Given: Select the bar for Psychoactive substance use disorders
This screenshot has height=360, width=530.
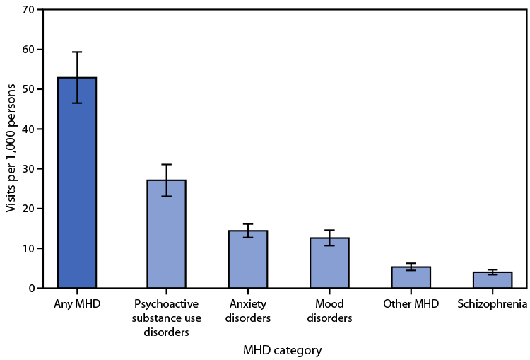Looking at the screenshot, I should click(x=166, y=234).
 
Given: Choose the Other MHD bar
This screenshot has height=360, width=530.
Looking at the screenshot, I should click(x=411, y=277).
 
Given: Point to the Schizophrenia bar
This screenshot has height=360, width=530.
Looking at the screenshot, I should click(x=493, y=280).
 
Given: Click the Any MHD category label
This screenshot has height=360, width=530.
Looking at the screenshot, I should click(x=77, y=304).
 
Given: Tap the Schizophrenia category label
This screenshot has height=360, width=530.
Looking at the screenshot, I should click(x=493, y=304).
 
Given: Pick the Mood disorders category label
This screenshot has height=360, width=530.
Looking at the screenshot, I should click(x=329, y=310).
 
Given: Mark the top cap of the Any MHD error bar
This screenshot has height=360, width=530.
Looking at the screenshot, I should click(x=77, y=52).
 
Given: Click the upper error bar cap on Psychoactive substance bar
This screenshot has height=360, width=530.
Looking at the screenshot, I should click(x=166, y=164).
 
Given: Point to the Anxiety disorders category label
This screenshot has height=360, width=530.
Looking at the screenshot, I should click(x=247, y=310).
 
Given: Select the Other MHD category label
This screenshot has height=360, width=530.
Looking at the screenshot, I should click(x=411, y=304).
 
